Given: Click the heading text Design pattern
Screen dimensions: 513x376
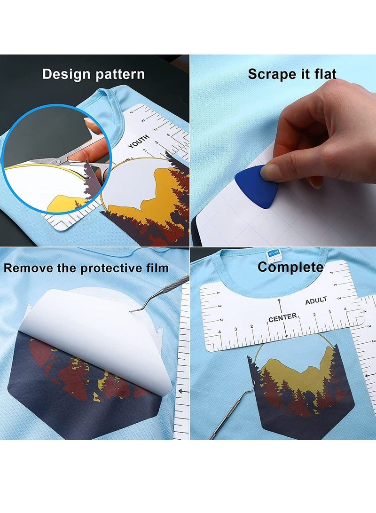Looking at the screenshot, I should click(x=94, y=74).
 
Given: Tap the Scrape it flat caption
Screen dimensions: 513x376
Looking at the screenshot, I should click(x=292, y=74).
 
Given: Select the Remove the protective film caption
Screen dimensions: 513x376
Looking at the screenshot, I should click(x=86, y=268).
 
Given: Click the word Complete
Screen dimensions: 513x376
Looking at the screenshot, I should click(x=290, y=268).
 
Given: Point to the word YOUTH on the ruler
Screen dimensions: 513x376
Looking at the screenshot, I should click(x=138, y=141).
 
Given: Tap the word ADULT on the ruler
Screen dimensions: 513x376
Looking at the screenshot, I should click(x=316, y=300).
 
